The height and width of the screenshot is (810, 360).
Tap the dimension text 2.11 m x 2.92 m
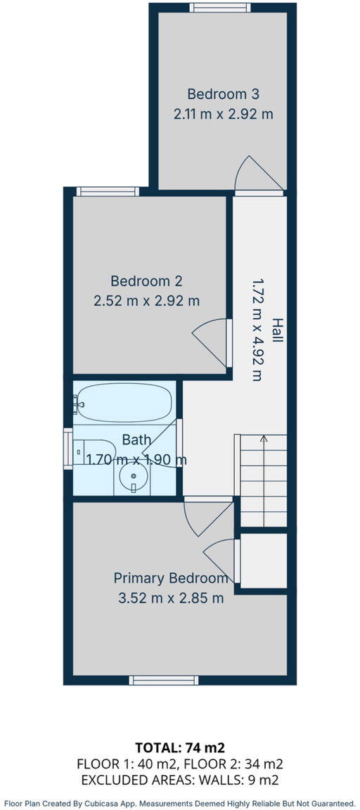click(224, 113)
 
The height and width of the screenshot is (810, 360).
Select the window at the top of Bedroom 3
click(220, 8)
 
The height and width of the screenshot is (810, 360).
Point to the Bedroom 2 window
click(108, 191)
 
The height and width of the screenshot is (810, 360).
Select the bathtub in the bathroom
click(124, 403)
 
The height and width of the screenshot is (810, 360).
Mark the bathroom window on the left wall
click(67, 449)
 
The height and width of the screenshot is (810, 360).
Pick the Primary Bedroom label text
click(171, 579)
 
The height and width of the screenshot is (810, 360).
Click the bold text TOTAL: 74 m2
click(180, 747)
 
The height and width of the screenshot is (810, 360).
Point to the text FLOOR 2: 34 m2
click(233, 764)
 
